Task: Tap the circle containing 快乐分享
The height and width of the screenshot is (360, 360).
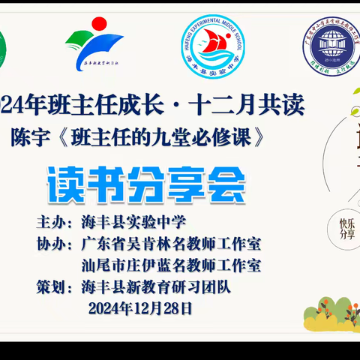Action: click(346, 227)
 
